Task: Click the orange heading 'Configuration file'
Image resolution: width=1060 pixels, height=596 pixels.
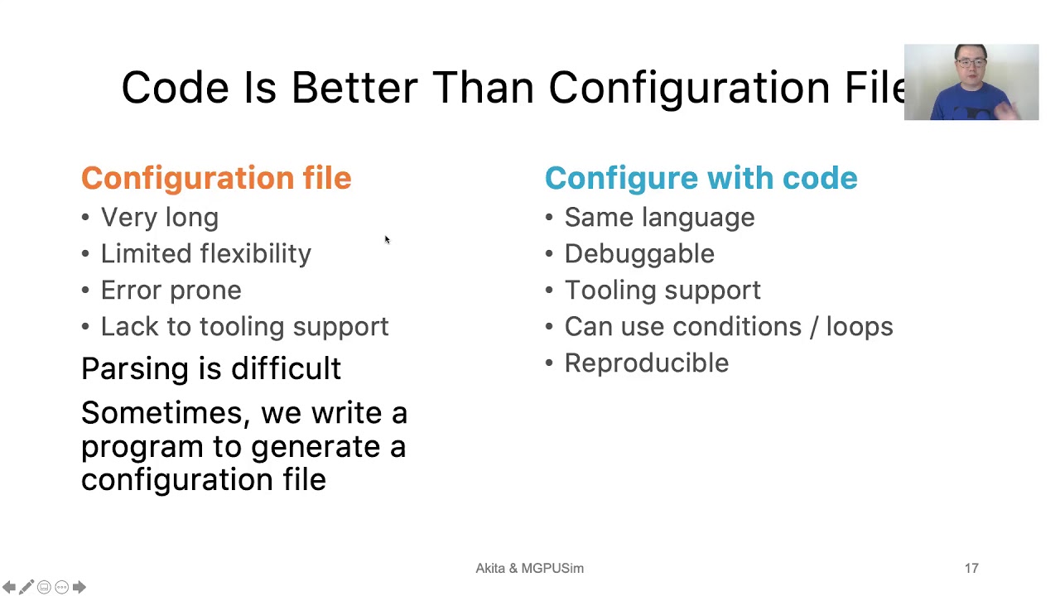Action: click(216, 178)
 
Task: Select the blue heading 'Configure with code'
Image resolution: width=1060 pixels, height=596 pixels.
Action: click(701, 178)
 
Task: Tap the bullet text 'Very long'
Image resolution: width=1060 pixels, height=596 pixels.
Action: click(159, 218)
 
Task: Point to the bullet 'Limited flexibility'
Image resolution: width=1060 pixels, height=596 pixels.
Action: click(205, 254)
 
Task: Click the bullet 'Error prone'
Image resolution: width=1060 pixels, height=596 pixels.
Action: click(171, 291)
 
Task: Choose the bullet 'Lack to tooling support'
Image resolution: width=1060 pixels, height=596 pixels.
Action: click(244, 327)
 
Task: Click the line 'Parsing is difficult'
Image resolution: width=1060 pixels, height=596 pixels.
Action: click(210, 368)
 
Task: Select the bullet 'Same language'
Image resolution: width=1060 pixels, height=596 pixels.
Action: click(659, 218)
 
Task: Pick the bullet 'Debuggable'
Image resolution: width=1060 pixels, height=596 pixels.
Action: click(639, 254)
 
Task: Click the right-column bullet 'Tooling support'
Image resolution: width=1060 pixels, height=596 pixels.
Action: click(662, 291)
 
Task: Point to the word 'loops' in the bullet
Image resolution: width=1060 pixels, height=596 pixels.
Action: click(859, 327)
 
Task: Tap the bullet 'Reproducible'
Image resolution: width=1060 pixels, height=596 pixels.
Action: click(646, 363)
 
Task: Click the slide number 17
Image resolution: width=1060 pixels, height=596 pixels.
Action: click(971, 569)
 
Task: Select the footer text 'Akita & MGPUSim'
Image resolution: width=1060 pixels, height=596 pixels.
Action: click(529, 569)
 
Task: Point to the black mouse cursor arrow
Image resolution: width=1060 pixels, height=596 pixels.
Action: click(387, 240)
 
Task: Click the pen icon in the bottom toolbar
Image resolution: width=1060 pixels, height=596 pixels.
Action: click(26, 587)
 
